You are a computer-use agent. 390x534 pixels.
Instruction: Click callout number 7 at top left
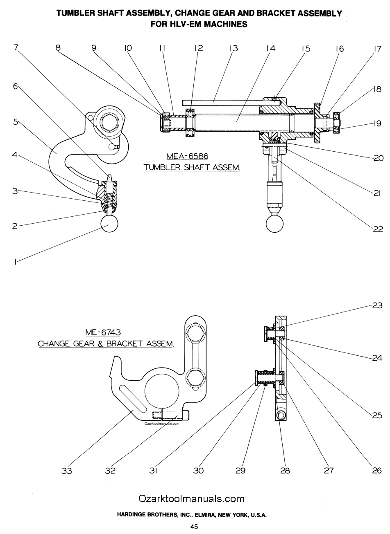(16, 47)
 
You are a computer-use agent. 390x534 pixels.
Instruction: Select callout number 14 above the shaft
(271, 48)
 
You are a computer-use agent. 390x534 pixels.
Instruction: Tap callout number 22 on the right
(378, 229)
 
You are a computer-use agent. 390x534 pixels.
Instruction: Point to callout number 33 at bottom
(67, 471)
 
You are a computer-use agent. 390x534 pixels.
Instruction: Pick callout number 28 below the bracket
(285, 470)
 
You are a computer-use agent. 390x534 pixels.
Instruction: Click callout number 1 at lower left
(15, 262)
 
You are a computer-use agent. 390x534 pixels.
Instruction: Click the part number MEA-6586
(187, 156)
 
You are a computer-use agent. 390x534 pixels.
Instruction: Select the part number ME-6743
(103, 332)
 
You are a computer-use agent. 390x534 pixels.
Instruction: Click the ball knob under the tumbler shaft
(274, 224)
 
